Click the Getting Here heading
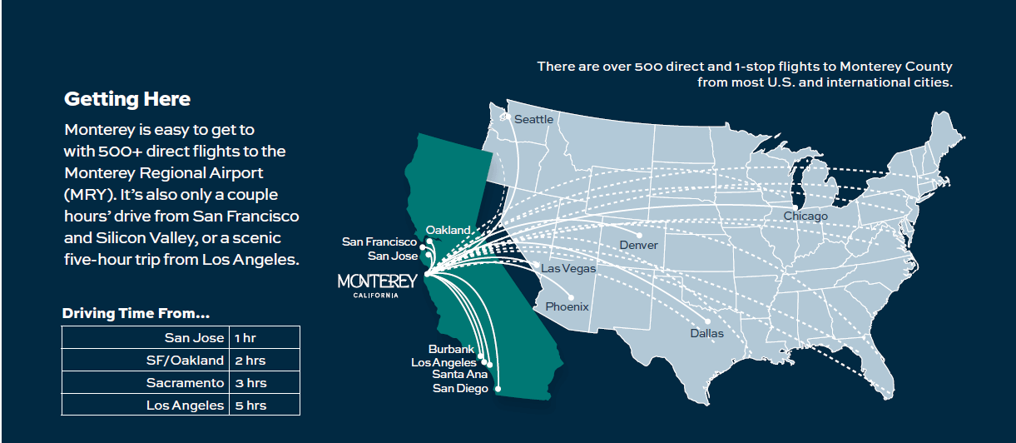coord(127,99)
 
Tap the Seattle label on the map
coord(533,119)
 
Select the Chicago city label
coord(805,217)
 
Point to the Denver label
coord(638,245)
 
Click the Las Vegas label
coord(568,268)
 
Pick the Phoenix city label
coord(567,306)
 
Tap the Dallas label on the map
coord(706,333)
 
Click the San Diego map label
coord(460,388)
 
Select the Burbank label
coord(451,350)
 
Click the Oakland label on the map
coord(449,230)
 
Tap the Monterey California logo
coord(377,284)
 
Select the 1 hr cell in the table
coord(245,338)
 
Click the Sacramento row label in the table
coord(185,383)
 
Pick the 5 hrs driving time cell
coord(250,406)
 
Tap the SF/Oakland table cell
coord(184,361)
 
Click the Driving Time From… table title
coord(136,314)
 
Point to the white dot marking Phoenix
coord(572,297)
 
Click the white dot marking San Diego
coord(498,389)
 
